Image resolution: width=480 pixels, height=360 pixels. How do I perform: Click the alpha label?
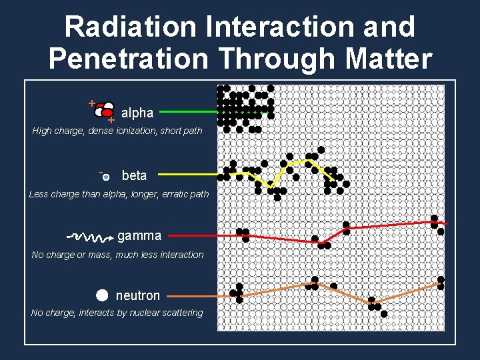(x=137, y=113)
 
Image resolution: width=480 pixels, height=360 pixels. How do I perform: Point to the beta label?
(x=134, y=175)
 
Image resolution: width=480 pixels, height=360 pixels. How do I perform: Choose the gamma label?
(x=139, y=235)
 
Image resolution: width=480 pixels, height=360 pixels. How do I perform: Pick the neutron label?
(x=138, y=295)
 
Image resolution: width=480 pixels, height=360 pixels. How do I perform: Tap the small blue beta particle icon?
(x=106, y=177)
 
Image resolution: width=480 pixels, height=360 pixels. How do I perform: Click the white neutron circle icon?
(x=101, y=295)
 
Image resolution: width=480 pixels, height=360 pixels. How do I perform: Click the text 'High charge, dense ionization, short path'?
(x=117, y=131)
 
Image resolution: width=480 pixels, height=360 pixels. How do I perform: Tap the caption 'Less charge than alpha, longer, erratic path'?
(x=119, y=194)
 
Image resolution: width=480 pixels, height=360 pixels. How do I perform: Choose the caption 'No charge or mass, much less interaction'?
(x=118, y=255)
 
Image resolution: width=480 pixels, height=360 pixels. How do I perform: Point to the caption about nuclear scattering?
(x=117, y=313)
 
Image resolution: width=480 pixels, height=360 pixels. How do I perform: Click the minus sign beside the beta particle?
(x=100, y=172)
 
